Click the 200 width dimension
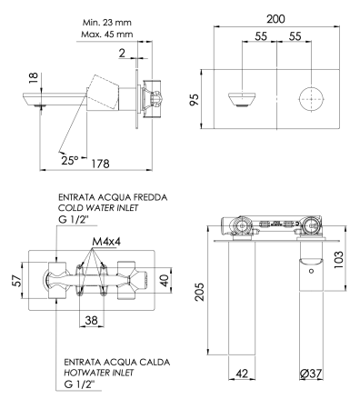pos(277,18)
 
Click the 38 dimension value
pos(90,320)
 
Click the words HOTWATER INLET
pos(99,373)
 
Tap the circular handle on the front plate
pos(310,97)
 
